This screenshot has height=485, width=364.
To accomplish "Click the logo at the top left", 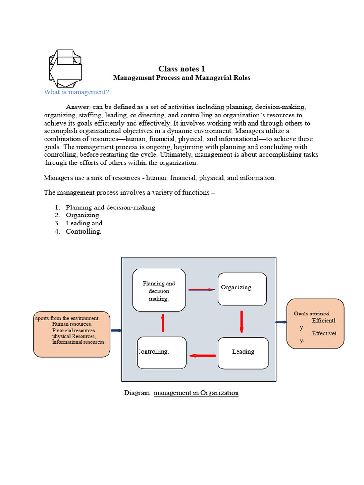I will tap(65, 68).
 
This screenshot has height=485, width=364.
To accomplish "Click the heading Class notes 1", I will tap(182, 69).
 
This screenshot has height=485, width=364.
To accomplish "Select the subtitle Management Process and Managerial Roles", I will tap(182, 78).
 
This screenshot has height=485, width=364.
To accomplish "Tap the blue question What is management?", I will tap(76, 92).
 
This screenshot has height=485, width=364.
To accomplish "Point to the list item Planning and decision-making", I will tap(110, 207).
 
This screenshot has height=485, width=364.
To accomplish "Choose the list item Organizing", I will tap(82, 215).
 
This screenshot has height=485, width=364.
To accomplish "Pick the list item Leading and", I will tap(84, 223).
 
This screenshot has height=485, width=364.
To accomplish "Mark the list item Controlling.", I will tap(83, 231).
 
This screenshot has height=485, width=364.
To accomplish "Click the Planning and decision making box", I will tap(159, 290).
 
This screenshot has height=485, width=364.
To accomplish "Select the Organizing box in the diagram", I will tap(242, 289).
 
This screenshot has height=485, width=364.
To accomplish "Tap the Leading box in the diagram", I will tap(243, 352).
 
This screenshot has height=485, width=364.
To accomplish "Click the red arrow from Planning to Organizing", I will tap(201, 289).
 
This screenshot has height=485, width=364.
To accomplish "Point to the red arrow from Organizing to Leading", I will tap(242, 321).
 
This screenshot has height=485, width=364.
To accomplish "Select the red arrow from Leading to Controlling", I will tap(202, 355).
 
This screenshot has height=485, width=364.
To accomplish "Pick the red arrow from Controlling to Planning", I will tap(163, 323).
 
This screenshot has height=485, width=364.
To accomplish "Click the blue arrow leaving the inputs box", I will tap(116, 331).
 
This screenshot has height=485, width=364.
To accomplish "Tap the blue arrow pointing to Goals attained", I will tap(282, 322).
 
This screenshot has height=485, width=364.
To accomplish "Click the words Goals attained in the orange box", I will tap(312, 314).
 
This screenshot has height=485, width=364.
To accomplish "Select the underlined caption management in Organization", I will tap(196, 393).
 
